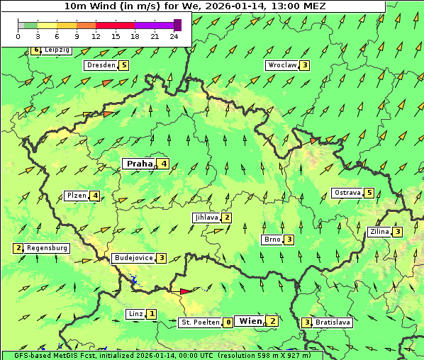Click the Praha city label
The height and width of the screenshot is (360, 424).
coord(139,164)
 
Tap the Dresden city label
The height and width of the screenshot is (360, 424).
coord(100,65)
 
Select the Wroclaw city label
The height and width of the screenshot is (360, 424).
coord(281,65)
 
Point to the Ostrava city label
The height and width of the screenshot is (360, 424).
coord(347,193)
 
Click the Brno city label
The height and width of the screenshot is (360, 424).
coord(272,240)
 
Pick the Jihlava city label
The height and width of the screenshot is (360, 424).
coord(206,218)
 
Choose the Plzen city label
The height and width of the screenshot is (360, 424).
coord(76,196)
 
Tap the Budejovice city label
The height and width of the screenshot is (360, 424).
coord(133,258)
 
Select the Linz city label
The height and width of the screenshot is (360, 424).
coord(135,313)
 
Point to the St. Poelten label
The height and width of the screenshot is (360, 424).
coord(199,322)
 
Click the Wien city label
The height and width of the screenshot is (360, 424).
coord(250,321)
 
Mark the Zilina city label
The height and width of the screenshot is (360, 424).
coord(380,232)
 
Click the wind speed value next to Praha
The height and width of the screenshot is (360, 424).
coord(164,164)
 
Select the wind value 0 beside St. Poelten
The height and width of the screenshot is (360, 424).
coord(228,322)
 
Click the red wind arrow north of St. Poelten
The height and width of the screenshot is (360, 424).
coord(186,291)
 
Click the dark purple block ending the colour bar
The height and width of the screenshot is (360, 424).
coord(177,25)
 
